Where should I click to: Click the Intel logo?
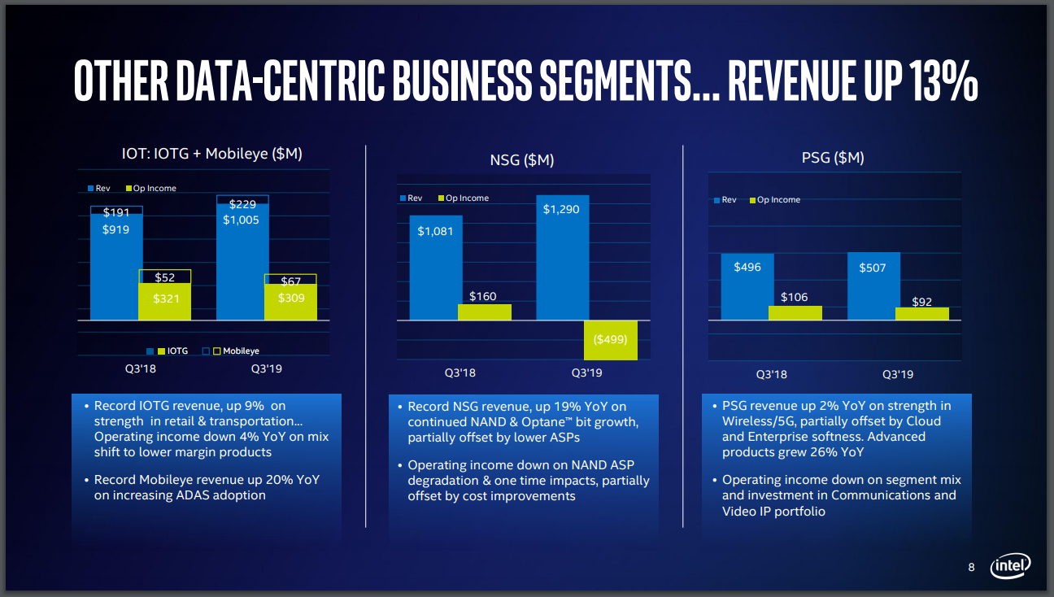(1010, 565)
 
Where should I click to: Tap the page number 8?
(971, 567)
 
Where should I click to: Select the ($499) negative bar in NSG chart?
(610, 339)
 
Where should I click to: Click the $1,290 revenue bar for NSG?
(562, 260)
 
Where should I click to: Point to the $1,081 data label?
(435, 232)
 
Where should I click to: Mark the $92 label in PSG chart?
(921, 302)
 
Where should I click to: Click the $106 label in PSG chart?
(794, 297)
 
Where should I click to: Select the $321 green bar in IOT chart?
(165, 301)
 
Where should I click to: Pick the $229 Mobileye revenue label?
(242, 204)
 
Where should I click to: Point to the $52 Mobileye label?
(165, 277)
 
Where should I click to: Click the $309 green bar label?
(291, 298)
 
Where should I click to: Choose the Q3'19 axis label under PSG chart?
(898, 375)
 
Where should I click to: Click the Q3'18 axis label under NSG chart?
(459, 373)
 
